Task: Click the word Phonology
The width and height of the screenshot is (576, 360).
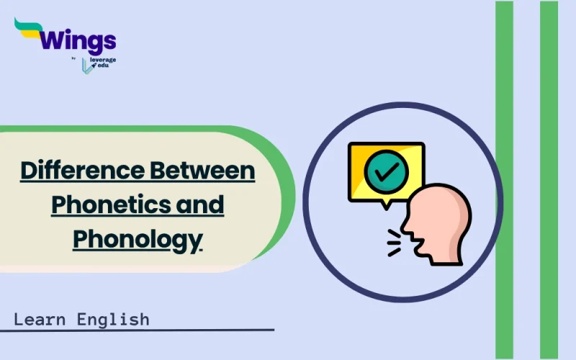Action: tap(137, 238)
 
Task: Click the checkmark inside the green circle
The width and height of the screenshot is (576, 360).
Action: tap(387, 171)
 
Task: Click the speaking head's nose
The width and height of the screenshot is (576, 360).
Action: tap(404, 216)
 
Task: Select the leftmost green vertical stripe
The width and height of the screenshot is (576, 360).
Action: tap(504, 180)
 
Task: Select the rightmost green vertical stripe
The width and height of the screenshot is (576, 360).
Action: tap(549, 180)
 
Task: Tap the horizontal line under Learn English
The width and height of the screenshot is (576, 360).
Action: tap(137, 330)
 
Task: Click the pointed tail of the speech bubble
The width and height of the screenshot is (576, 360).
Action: tap(387, 204)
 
